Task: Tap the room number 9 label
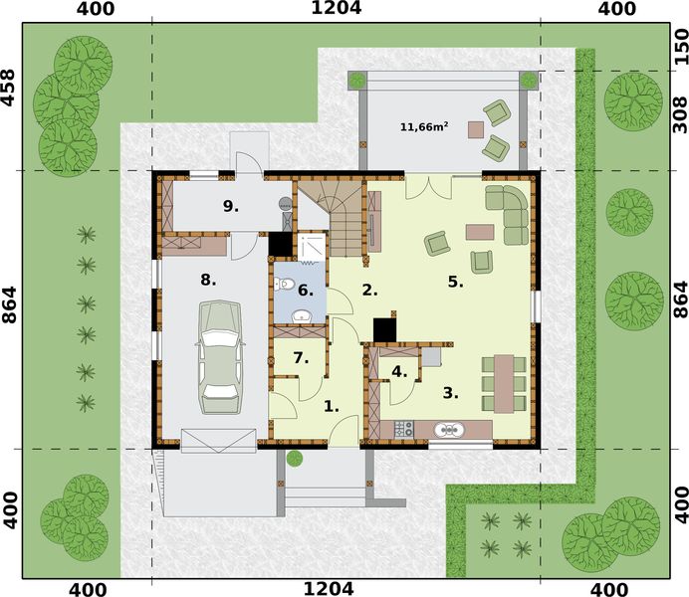pos(231,206)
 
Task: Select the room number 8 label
pos(207,280)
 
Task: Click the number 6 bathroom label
pos(306,291)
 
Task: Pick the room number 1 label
pos(332,406)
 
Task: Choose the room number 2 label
pos(369,291)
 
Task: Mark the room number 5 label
pos(455,282)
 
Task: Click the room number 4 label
pos(400,372)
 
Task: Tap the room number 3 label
pos(451,393)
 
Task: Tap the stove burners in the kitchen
pos(404,430)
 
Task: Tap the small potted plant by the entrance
pos(295,459)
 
